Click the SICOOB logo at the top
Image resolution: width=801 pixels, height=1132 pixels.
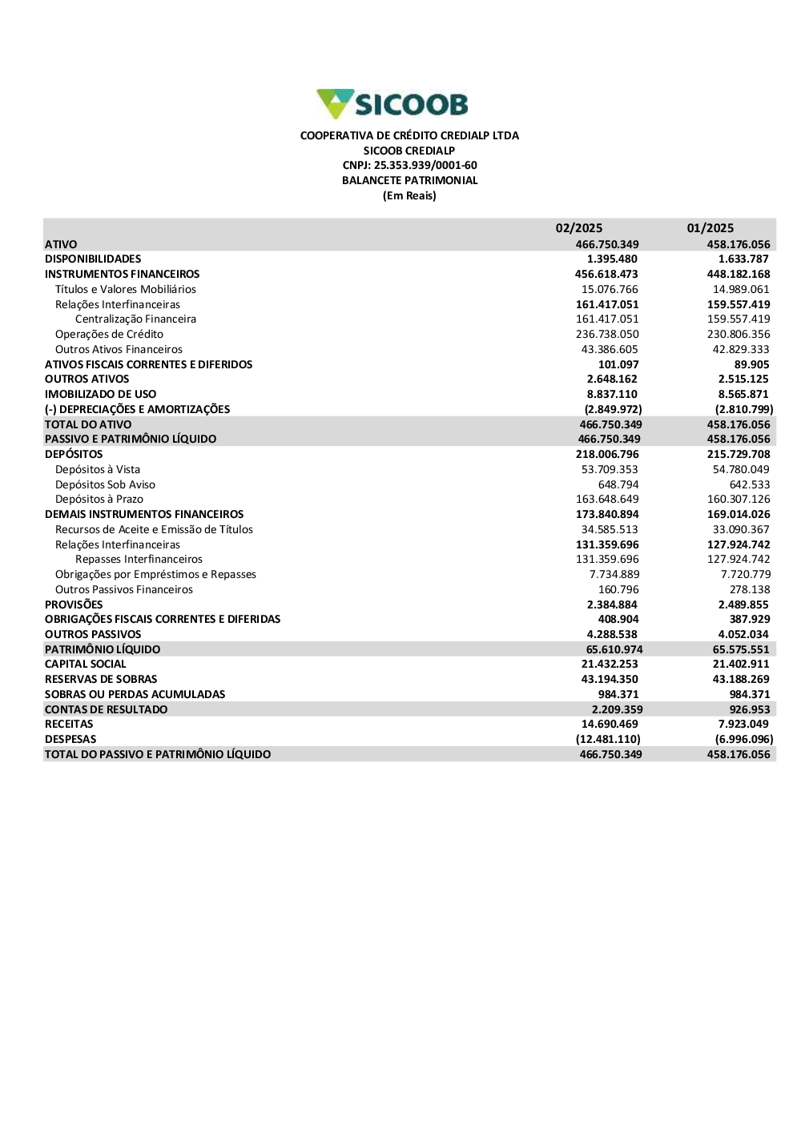coord(392,104)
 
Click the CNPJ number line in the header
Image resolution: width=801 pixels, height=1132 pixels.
coord(409,166)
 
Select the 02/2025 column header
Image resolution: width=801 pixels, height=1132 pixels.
coord(579,228)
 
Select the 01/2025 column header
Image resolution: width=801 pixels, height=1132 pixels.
coord(710,228)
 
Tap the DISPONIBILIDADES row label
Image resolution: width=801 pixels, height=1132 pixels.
coord(93,259)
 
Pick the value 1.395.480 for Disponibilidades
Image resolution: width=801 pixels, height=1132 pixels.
coord(612,259)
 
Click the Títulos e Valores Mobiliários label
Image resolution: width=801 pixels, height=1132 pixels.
coord(126,290)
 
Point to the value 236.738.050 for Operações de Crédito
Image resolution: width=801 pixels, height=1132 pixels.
coord(607,335)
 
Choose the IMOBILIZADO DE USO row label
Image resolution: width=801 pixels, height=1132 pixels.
coord(101,395)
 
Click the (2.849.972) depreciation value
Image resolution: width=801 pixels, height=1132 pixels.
coord(613,410)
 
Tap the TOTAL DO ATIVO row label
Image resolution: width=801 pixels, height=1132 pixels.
coord(88,425)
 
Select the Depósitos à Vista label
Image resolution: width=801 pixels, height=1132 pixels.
coord(98,470)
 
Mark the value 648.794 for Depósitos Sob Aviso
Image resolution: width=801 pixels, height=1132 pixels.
coord(618,485)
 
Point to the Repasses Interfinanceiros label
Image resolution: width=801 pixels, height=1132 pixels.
coord(139,560)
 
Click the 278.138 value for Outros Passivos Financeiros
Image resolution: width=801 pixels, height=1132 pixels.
coord(750,590)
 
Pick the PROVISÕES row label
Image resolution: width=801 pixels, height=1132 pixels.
coord(74,605)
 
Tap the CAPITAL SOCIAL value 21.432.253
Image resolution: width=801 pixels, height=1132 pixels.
coord(610,664)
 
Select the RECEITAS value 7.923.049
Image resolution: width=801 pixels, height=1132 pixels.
coord(743,725)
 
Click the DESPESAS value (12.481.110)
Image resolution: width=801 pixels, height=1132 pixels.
coord(608,740)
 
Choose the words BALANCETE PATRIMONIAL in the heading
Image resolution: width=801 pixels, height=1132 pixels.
coord(409,181)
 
